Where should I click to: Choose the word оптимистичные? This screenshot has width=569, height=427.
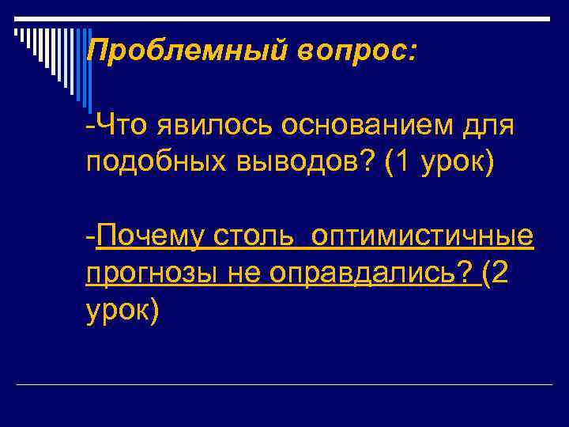click(423, 236)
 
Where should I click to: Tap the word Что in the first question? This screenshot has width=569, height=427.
click(119, 126)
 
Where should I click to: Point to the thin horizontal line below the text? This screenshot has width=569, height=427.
click(284, 384)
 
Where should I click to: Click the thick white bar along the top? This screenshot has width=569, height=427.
click(284, 17)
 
